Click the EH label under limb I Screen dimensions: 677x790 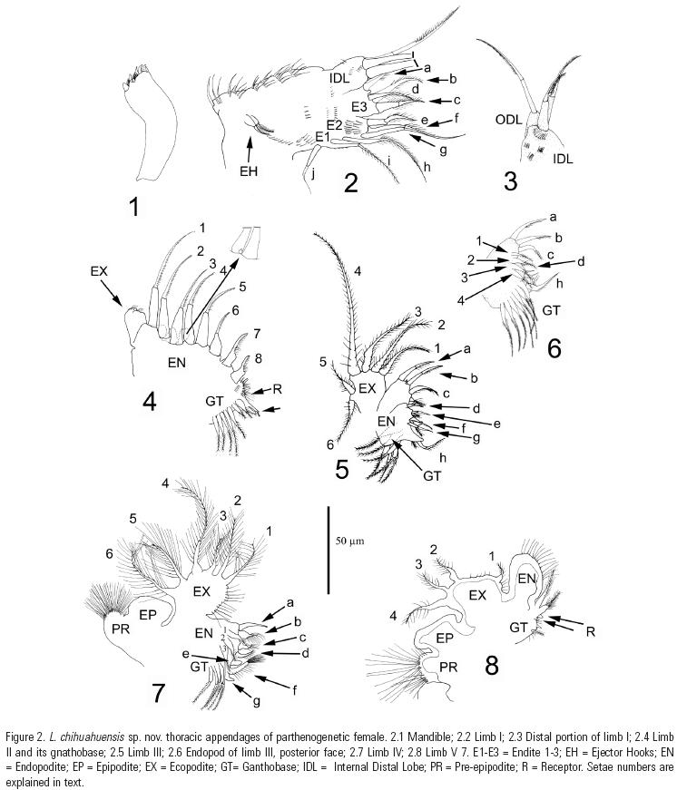[x=249, y=171]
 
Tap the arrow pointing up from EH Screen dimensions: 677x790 [x=249, y=150]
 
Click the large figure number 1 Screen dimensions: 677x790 [x=134, y=207]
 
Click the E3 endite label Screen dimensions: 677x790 [x=359, y=107]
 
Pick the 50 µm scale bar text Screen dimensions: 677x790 [x=349, y=541]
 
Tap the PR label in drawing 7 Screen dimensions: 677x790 [x=116, y=629]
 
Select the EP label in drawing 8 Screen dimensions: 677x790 [x=445, y=639]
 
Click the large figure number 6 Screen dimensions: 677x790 [x=554, y=348]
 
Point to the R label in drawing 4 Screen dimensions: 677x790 [x=278, y=389]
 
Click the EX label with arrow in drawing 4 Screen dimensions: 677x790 [x=99, y=271]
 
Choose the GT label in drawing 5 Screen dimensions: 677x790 [x=432, y=475]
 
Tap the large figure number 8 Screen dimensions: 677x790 [x=492, y=665]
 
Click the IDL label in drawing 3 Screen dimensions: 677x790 [x=563, y=160]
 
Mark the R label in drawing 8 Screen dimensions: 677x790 [x=590, y=631]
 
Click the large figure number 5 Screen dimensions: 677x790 [x=342, y=470]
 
